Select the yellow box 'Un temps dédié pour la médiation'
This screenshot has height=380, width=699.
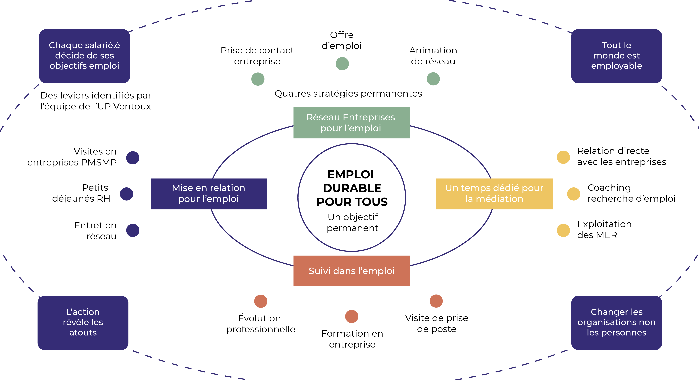point(494,194)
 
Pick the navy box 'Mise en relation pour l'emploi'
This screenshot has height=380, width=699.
point(209,194)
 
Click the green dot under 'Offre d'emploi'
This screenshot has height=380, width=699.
point(342,64)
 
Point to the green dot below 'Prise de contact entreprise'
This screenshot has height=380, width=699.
point(258,79)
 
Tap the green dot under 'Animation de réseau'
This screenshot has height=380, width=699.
point(433,79)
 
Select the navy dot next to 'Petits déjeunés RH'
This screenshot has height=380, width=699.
point(126,194)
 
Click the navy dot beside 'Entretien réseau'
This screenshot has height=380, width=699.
point(133,230)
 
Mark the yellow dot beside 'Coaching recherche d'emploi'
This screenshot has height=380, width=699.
point(573,194)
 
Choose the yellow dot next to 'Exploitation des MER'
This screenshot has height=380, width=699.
point(563,230)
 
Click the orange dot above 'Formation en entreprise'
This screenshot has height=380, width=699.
point(352,316)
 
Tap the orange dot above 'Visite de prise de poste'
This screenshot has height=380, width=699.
point(436,301)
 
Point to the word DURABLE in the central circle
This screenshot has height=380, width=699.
point(352,188)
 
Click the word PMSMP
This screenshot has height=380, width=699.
point(99,162)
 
